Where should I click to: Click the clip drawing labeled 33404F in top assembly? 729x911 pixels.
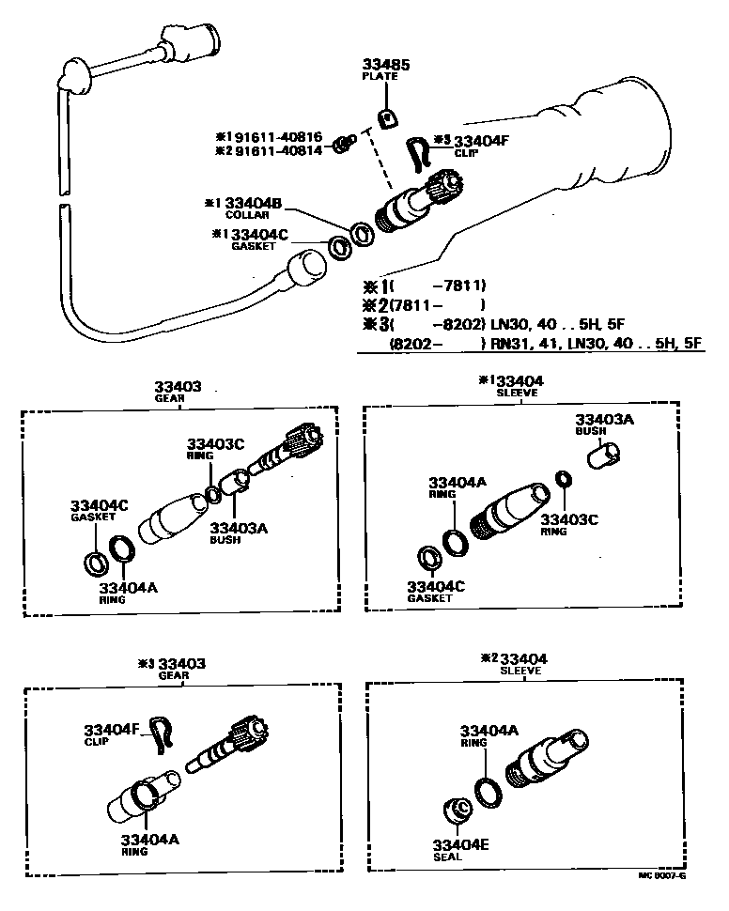click(420, 153)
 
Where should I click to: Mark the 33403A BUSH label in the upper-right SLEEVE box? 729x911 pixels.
click(604, 425)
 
